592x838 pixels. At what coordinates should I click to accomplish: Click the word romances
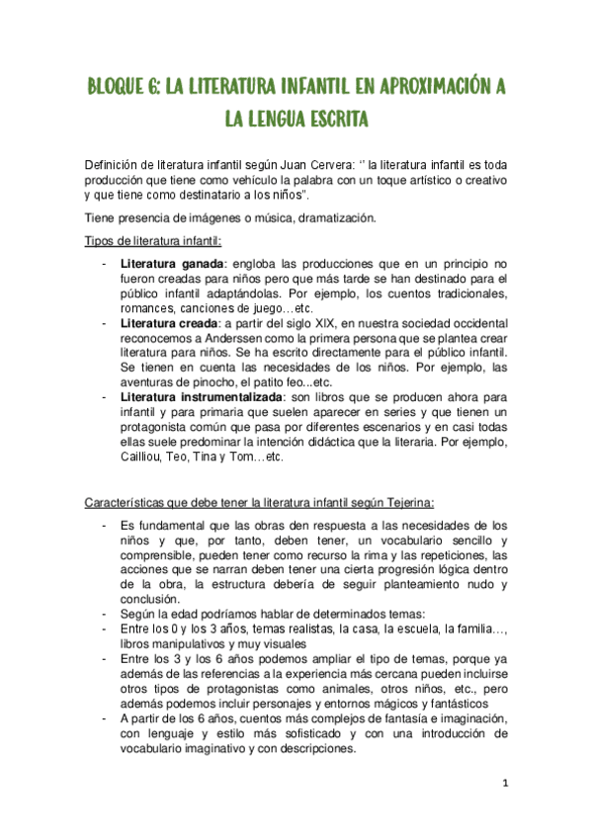tap(147, 309)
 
